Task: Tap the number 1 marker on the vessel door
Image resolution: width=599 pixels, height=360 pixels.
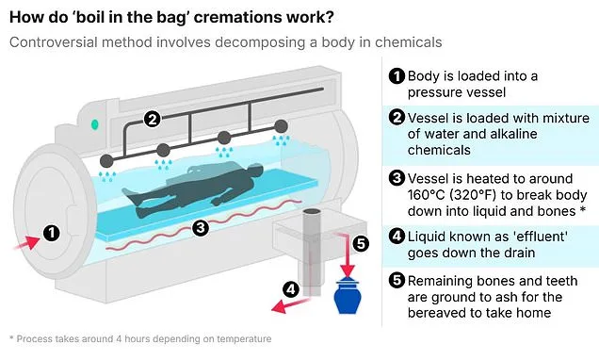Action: coord(53,230)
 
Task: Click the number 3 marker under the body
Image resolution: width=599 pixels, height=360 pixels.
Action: coord(201,227)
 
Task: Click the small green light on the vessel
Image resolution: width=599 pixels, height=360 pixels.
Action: coord(94,124)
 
